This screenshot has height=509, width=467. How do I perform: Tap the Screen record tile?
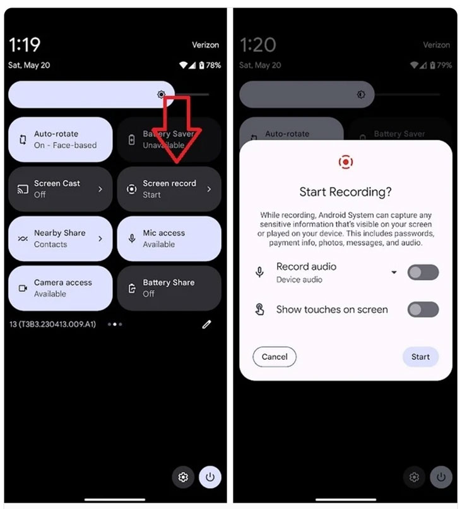(x=169, y=189)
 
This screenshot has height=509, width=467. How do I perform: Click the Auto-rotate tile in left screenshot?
(x=61, y=140)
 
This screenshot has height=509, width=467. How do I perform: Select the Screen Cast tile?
(x=61, y=189)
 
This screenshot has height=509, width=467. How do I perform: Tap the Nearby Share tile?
(x=61, y=238)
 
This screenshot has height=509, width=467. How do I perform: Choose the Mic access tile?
(x=169, y=238)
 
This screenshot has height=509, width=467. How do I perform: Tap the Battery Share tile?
(x=169, y=288)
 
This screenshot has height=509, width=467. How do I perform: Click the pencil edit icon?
(x=206, y=324)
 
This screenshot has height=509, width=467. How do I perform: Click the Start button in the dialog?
(x=420, y=357)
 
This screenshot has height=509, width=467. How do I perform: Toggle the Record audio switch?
(x=423, y=273)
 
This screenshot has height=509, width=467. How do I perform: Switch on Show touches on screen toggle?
(x=423, y=309)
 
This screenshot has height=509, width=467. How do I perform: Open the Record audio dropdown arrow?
(x=394, y=273)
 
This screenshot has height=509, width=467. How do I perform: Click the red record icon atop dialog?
(x=345, y=163)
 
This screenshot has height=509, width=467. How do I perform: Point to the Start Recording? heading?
(x=345, y=192)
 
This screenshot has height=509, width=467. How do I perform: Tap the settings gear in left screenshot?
(x=184, y=477)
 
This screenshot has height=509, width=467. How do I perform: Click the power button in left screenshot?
(x=210, y=477)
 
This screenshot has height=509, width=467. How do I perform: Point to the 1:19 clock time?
(x=25, y=45)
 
